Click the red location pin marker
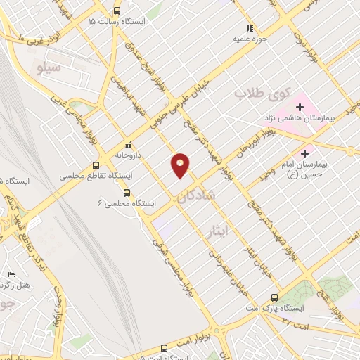coord(181,165)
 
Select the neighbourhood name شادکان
coord(198,197)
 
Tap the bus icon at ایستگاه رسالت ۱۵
coord(117,11)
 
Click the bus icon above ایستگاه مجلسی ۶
coord(127,192)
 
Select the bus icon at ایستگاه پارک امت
coord(275,297)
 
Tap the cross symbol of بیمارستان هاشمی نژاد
coord(300,107)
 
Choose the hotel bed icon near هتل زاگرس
coord(11,274)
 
